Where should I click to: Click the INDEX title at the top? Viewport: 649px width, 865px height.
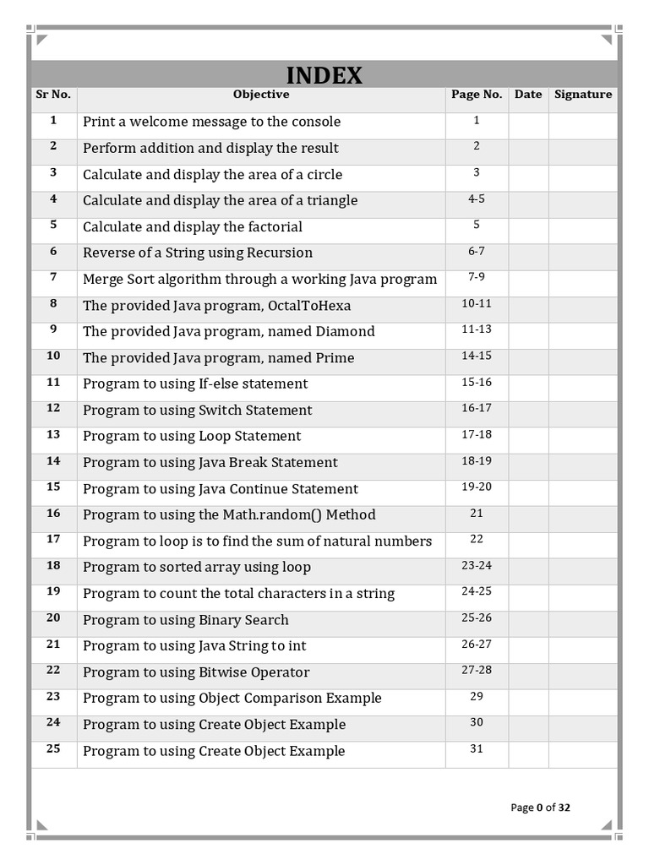click(x=324, y=75)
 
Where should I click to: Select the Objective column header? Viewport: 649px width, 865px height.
click(x=261, y=95)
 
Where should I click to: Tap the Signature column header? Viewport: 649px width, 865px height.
click(x=583, y=95)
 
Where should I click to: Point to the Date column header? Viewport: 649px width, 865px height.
click(x=528, y=95)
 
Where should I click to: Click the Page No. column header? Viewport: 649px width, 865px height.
click(x=477, y=95)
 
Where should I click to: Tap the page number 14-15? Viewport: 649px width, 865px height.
click(x=477, y=356)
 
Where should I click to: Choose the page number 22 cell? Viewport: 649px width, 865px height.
click(x=477, y=539)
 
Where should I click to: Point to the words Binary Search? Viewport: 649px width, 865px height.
click(x=243, y=620)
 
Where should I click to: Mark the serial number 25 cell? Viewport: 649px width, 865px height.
click(x=53, y=749)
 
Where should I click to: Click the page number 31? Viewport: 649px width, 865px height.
click(x=477, y=748)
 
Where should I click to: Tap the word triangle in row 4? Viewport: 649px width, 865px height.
click(x=325, y=200)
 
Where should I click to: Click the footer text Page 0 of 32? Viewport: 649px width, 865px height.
click(x=540, y=808)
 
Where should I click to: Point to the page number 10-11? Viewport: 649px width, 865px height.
click(x=477, y=303)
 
